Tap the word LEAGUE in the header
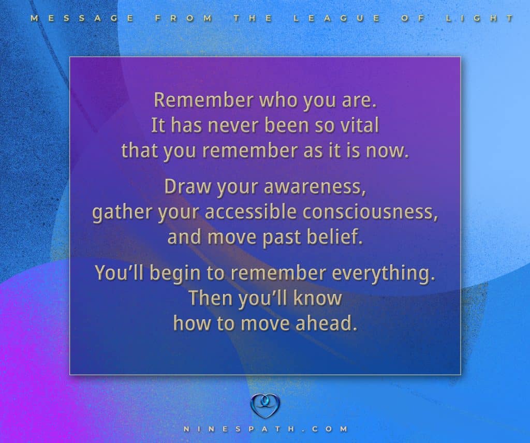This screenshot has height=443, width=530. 336,18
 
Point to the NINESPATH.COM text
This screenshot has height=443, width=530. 266,429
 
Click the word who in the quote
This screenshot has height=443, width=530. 278,100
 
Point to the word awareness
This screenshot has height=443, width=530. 315,187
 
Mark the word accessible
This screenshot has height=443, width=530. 251,212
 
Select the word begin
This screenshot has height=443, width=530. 175,273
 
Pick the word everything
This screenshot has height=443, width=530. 383,274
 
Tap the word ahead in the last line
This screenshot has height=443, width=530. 327,323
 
